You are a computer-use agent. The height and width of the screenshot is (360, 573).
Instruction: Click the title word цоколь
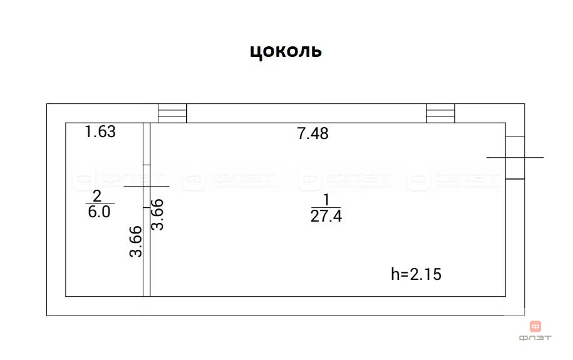pos(286,52)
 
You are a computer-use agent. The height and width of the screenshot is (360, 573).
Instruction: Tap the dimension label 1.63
pos(100,131)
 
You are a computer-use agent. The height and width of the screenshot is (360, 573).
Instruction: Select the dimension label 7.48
pos(313,133)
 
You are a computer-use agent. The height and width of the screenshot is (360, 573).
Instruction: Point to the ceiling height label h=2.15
pos(416,274)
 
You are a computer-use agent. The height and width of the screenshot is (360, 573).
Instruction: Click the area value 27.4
pos(326,216)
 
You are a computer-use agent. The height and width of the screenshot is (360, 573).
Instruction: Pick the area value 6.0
pos(99,212)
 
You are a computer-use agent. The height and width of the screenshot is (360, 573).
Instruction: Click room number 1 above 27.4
pos(326,200)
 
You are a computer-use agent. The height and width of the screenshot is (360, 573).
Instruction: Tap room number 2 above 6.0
pos(97,196)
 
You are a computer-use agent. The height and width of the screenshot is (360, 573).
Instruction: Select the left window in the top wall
pos(172,113)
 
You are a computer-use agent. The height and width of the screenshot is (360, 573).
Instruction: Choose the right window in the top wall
pos(440,113)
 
